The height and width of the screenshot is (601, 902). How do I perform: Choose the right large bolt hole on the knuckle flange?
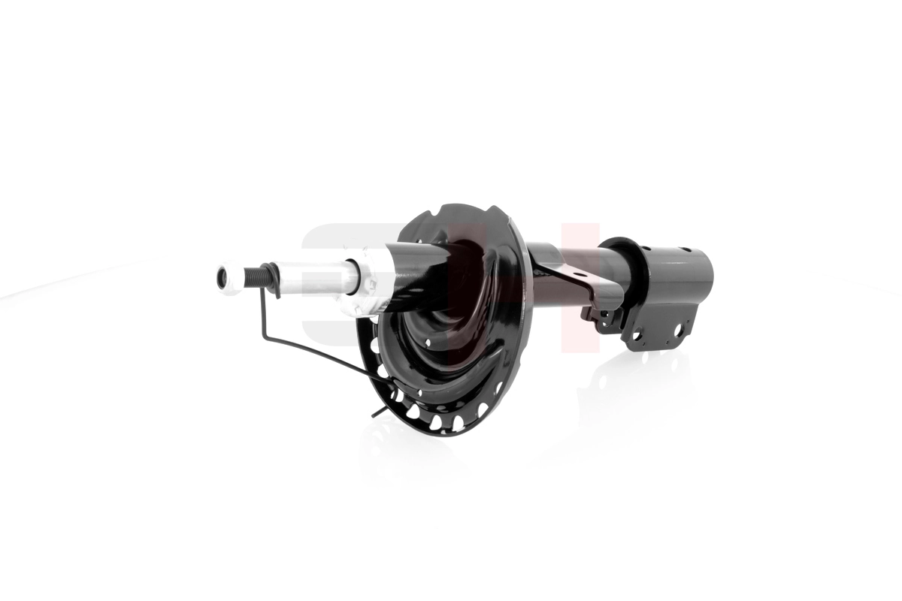(x=678, y=329)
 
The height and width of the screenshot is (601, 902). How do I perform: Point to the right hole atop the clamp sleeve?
(x=686, y=251)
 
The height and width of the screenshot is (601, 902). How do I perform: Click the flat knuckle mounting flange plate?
(x=658, y=331)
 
